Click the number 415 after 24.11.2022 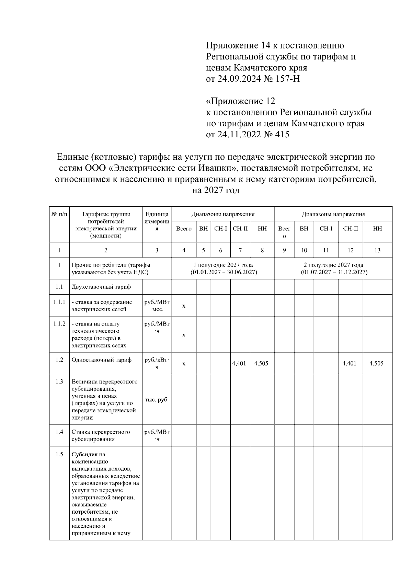coord(282,134)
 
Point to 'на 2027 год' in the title coord(215,190)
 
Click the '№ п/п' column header coord(59,214)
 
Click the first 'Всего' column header coord(184,229)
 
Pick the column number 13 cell coord(377,250)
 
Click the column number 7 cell coord(240,250)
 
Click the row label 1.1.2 coord(59,324)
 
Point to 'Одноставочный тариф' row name coord(101,360)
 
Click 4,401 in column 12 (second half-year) coord(350,363)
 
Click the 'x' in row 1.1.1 coord(184,306)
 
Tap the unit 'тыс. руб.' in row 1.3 coord(157,400)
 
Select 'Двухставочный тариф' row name coord(101,287)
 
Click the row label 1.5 coord(59,454)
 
